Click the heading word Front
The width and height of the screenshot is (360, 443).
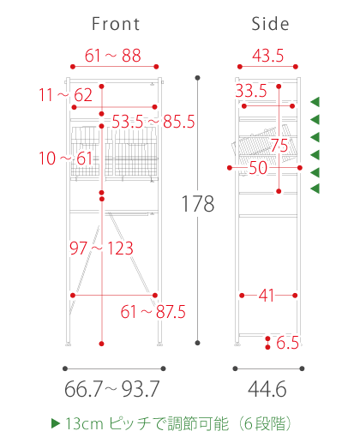point(116,24)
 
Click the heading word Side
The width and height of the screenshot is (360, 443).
point(270,24)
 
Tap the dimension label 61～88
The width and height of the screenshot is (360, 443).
point(113,56)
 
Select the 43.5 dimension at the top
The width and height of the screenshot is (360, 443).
point(268,56)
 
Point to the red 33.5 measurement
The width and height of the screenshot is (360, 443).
point(251,91)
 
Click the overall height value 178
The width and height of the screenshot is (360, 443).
point(198,204)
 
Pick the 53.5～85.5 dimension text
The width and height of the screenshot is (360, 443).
point(153,122)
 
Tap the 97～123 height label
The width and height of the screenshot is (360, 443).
point(101,248)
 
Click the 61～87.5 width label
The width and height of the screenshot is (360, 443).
point(153,312)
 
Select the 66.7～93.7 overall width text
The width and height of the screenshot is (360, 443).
point(112,389)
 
